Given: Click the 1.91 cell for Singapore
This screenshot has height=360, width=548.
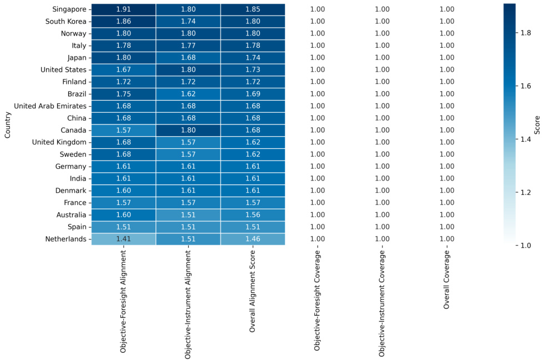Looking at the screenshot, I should click(123, 9).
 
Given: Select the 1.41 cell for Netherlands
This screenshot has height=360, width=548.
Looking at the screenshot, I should click(123, 239).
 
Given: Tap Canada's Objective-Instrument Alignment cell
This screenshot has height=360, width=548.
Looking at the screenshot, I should click(188, 130).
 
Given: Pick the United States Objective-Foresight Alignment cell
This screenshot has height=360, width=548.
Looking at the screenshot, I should click(123, 70).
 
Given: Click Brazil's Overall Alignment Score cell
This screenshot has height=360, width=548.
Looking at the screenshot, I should click(253, 94).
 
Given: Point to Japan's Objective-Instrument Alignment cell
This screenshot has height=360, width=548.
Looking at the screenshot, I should click(188, 58).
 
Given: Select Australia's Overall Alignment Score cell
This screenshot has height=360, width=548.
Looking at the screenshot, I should click(253, 214).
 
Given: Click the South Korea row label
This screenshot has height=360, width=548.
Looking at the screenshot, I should click(66, 22).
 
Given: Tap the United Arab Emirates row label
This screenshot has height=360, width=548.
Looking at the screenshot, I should click(50, 106).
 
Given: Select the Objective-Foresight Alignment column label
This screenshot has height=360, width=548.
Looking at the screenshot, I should click(123, 302).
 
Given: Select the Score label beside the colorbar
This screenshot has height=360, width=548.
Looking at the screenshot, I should click(538, 124).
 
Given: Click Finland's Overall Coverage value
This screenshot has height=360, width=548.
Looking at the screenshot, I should click(446, 82).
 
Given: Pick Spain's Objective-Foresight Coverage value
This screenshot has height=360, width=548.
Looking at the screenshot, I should click(318, 227).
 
